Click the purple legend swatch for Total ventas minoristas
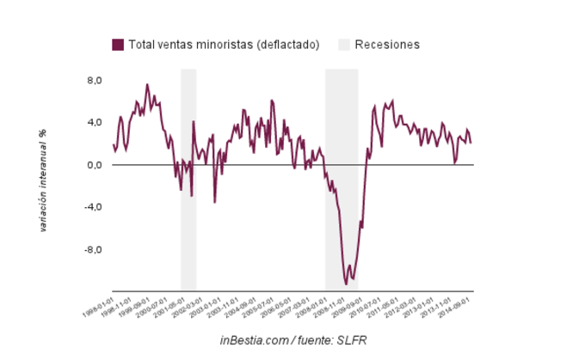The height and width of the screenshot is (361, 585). coord(118,44)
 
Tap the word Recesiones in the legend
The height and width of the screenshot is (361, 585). coord(387,44)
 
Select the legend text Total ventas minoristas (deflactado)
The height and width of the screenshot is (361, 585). coord(225,44)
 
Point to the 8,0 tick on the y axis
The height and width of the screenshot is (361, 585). coord(93,80)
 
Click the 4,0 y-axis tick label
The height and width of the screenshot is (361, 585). coord(93,122)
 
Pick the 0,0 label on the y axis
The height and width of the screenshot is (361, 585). coord(93,165)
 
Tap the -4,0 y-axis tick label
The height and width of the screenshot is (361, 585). coord(91,207)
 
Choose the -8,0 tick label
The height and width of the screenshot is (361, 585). coord(91,250)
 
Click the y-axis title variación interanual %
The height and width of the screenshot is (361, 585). coord(42,181)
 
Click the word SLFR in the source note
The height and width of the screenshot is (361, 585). coord(353,340)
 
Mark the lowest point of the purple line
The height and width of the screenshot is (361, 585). coord(347,284)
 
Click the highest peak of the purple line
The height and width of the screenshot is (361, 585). coord(147,84)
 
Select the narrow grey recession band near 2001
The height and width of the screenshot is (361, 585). coord(188,180)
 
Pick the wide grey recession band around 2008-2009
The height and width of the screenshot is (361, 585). coord(342,180)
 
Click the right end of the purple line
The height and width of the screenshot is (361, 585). coord(471,142)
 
